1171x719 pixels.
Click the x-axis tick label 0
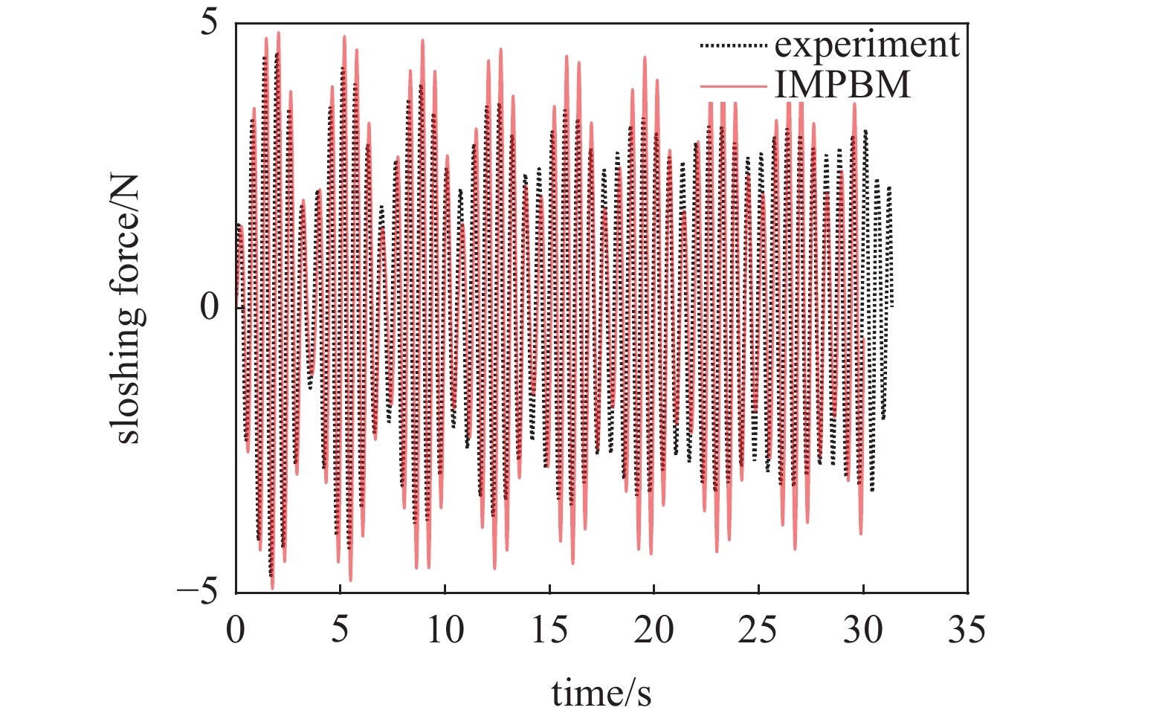click(x=236, y=631)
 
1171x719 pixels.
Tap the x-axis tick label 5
click(x=340, y=631)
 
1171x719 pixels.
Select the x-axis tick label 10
click(x=445, y=631)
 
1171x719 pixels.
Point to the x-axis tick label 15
click(x=549, y=631)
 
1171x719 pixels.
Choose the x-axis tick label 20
click(x=654, y=631)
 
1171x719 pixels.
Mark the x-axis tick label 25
click(x=758, y=631)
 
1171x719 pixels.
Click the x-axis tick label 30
click(x=863, y=631)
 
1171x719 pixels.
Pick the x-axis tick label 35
click(x=967, y=631)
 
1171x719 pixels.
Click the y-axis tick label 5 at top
click(x=210, y=24)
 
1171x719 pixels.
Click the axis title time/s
click(x=601, y=693)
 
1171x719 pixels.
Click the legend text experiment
click(x=867, y=45)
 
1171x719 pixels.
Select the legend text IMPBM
click(x=842, y=86)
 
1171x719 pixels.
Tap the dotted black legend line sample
click(x=733, y=46)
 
